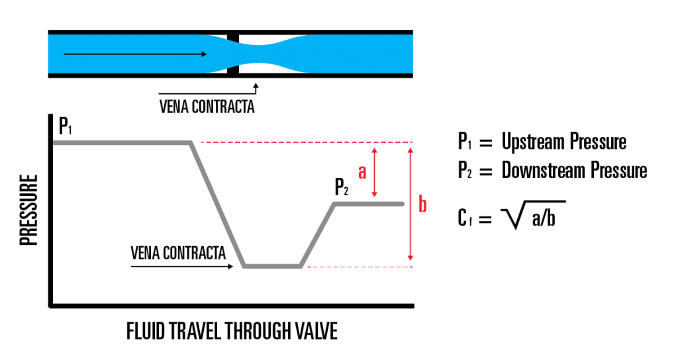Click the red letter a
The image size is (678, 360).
click(362, 172)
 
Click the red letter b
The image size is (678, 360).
click(422, 205)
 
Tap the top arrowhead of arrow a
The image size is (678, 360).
click(374, 150)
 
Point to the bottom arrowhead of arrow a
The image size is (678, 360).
click(374, 194)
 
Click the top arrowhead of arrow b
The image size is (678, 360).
click(411, 150)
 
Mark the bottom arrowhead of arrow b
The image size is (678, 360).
click(411, 259)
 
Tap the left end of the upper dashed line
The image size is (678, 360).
click(202, 142)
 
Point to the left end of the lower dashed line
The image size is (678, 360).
click(309, 267)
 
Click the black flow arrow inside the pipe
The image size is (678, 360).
click(132, 54)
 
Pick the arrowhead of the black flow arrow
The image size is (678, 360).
click(205, 54)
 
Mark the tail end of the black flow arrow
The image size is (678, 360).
click(65, 54)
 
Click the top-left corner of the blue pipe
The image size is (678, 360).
click(48, 35)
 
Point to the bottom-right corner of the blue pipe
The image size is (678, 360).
click(412, 72)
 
